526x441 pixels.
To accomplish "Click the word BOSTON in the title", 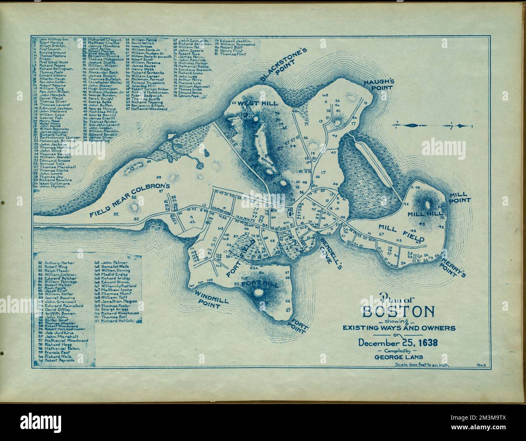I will (399, 312).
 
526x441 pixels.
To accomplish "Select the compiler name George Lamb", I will (398, 357).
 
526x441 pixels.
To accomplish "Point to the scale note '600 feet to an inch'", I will (424, 366).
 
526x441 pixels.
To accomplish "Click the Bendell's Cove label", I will (329, 250).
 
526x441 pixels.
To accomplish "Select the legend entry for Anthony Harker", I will (58, 263).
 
